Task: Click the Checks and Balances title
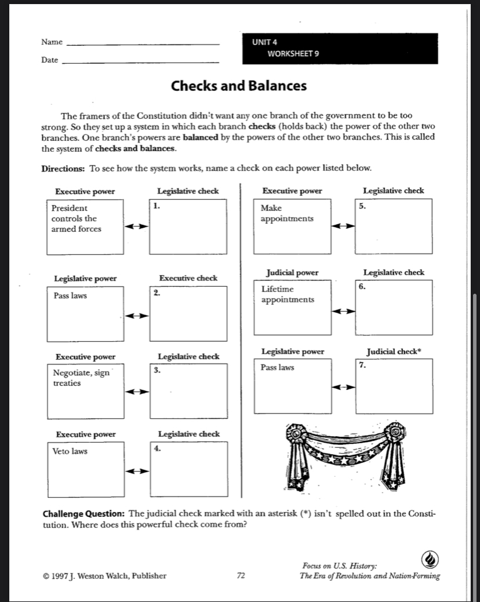pyautogui.click(x=238, y=86)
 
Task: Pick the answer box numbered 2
pyautogui.click(x=188, y=314)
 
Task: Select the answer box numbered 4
pyautogui.click(x=188, y=468)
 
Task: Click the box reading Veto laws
pyautogui.click(x=85, y=468)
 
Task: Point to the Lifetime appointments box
pyautogui.click(x=292, y=307)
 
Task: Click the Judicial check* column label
pyautogui.click(x=394, y=351)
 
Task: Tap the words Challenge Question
pyautogui.click(x=85, y=515)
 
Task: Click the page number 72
pyautogui.click(x=241, y=575)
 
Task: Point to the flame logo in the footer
pyautogui.click(x=430, y=560)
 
